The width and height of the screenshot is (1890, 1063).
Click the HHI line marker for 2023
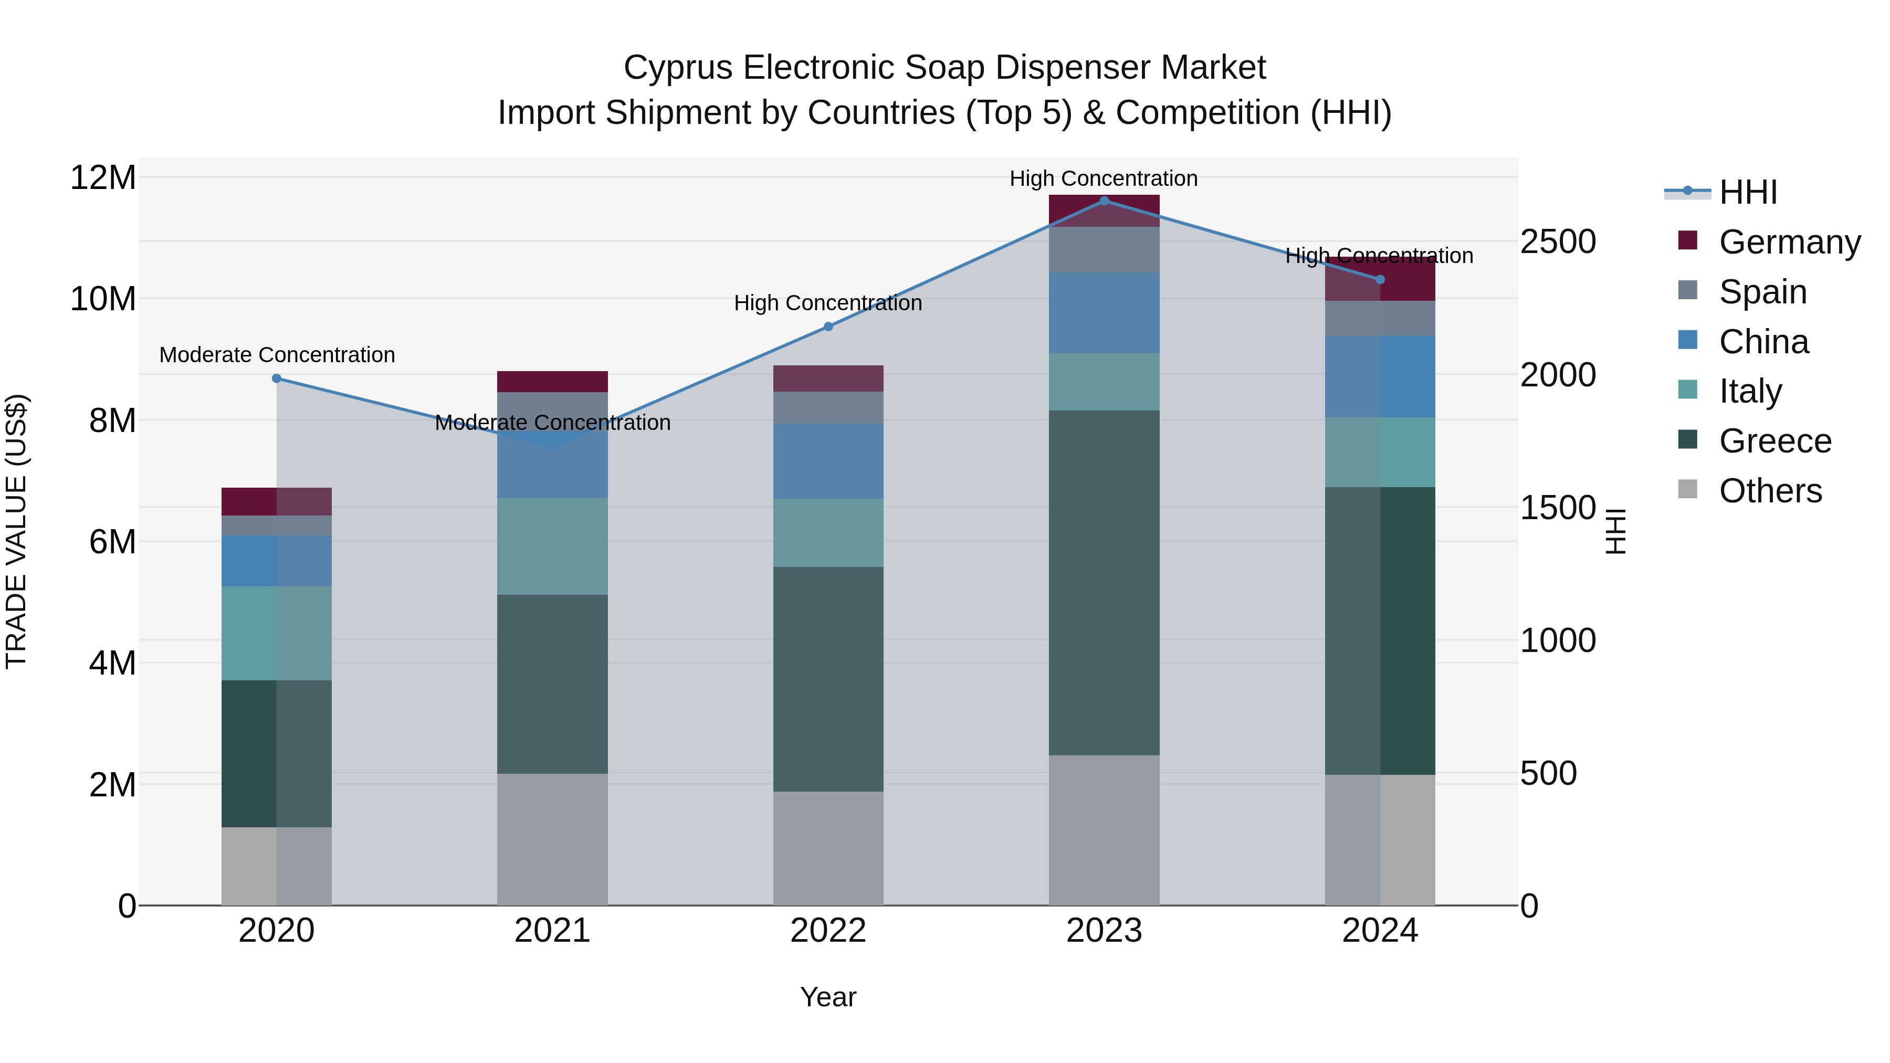tap(1104, 201)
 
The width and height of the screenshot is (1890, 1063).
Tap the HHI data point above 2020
tap(277, 378)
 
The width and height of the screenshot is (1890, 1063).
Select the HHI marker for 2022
tap(828, 327)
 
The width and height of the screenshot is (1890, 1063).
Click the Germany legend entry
tap(1789, 242)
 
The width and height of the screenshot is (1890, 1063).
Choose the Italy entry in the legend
tap(1750, 392)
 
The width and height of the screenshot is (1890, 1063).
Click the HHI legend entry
tap(1748, 192)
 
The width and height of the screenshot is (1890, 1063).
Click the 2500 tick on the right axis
tap(1558, 242)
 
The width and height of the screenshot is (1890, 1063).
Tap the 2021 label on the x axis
tap(552, 931)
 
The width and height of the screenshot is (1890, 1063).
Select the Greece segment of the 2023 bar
tap(1104, 583)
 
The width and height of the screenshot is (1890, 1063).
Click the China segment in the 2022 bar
tap(828, 461)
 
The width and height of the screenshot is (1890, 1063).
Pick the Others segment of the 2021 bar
tap(552, 839)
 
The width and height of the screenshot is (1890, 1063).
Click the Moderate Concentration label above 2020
tap(277, 355)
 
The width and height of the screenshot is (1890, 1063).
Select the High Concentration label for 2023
tap(1104, 179)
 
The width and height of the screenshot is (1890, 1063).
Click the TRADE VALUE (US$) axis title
tap(17, 531)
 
